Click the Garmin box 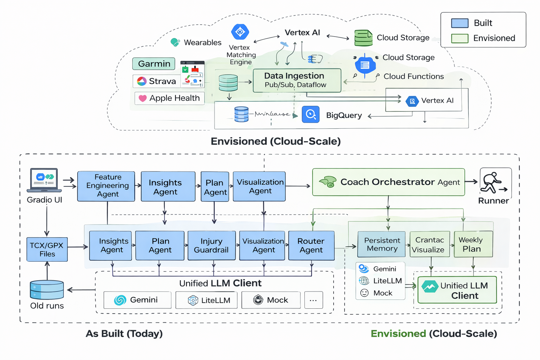coord(154,64)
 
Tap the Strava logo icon coord(142,81)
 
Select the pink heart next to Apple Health coord(142,98)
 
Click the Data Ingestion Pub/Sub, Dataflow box coord(297,81)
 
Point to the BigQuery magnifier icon coord(310,114)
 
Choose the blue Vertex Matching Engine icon coord(240,32)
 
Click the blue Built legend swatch coord(459,23)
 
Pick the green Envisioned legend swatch coord(459,38)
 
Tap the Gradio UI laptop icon coord(44,180)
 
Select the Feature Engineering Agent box coord(106,186)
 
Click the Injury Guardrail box coord(211,245)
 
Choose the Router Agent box coord(311,245)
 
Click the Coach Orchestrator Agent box coord(388,182)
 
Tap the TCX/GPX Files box coord(47,250)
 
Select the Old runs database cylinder coord(47,290)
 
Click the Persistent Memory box coord(381,244)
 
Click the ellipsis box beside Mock coord(313,300)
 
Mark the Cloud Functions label coord(413,76)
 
